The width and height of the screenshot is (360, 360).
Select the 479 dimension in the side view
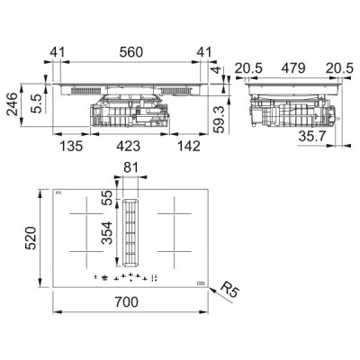pos(292,67)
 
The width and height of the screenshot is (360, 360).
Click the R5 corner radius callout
pos(230,290)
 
